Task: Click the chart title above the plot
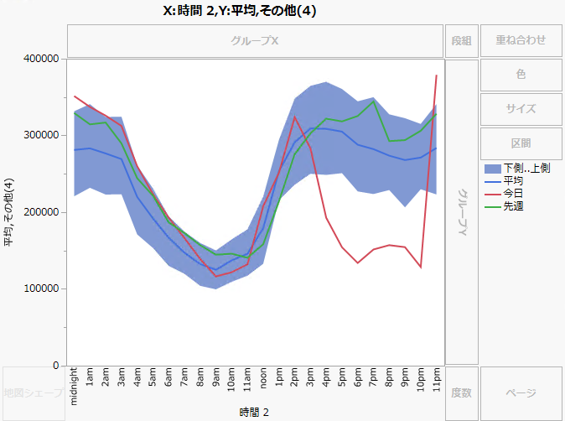239,11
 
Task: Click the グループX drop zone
255,40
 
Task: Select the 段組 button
461,40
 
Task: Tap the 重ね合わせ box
521,40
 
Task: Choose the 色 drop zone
521,75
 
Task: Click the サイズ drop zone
521,108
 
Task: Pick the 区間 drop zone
521,143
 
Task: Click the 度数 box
461,392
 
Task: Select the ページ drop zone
521,392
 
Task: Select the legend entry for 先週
514,205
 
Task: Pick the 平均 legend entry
514,180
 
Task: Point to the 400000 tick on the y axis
41,59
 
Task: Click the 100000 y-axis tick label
41,289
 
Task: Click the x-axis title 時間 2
255,411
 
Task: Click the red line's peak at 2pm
294,117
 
